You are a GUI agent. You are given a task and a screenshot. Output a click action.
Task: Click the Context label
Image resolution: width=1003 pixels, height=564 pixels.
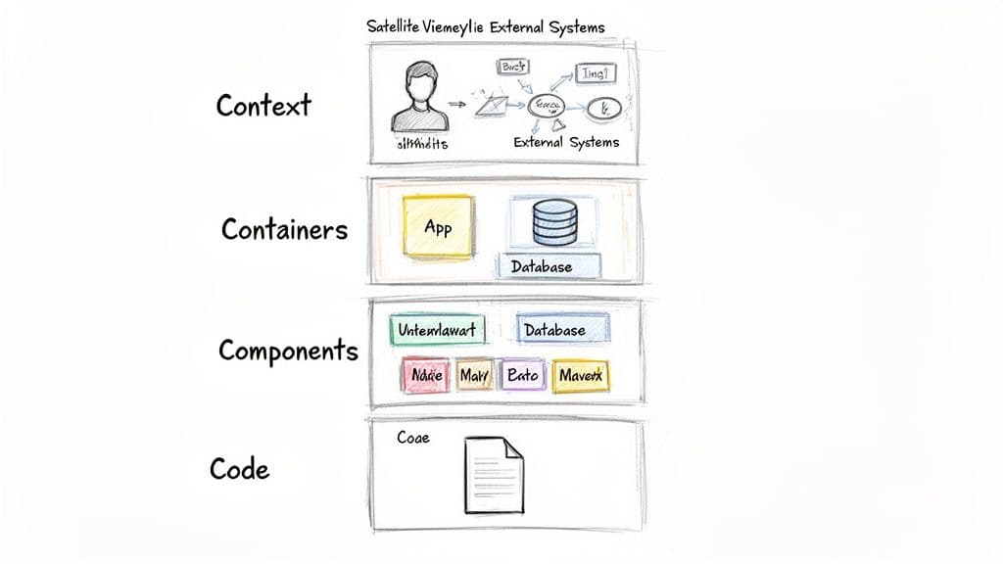click(263, 105)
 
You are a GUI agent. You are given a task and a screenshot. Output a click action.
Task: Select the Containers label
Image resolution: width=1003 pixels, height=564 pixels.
click(284, 229)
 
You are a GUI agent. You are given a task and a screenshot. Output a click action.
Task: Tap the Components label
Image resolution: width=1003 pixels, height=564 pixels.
click(288, 350)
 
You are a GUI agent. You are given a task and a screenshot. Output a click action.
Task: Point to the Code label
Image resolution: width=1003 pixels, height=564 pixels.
click(239, 469)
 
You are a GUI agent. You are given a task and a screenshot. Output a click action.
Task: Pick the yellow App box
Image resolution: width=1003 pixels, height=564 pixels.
click(438, 227)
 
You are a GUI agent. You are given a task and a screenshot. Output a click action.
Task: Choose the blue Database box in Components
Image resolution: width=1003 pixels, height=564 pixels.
click(554, 331)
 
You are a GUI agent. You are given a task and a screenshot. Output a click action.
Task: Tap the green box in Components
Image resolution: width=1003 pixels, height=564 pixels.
click(437, 331)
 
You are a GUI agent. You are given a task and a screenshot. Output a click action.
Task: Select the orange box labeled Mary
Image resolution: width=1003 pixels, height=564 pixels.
click(474, 375)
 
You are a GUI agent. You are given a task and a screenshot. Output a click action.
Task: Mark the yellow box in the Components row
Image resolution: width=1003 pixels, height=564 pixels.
click(580, 375)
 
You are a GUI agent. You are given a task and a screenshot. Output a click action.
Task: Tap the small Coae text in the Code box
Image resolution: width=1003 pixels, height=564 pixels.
click(412, 438)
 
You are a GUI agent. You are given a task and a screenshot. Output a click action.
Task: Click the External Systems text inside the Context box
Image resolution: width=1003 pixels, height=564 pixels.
click(566, 143)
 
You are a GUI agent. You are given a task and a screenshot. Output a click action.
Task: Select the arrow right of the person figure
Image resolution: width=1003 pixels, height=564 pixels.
click(456, 102)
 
